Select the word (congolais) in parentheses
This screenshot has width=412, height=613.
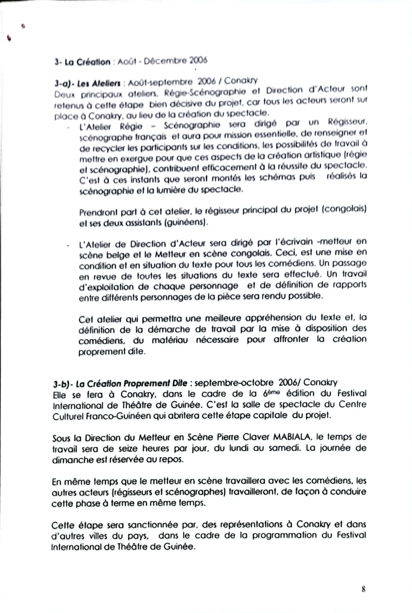344,209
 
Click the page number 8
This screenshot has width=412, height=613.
363,589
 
